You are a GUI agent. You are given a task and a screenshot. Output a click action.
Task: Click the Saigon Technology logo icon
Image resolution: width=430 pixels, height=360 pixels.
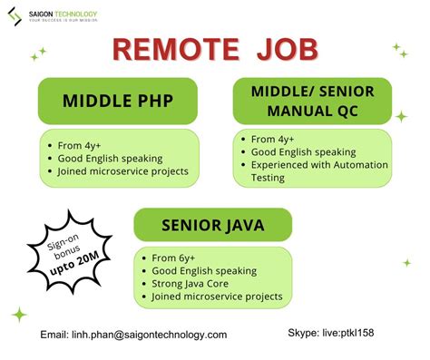[15, 16]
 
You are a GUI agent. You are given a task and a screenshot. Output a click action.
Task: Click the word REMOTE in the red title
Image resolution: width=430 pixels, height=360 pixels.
[176, 50]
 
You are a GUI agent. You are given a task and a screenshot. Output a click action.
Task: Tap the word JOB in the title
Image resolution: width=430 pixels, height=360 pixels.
[288, 50]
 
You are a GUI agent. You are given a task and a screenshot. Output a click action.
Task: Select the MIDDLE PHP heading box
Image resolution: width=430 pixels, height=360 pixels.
[118, 101]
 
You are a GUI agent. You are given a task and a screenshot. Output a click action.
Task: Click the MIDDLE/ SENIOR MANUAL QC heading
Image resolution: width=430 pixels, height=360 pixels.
[312, 101]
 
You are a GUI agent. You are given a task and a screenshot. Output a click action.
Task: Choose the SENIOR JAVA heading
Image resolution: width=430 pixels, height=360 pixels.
[213, 225]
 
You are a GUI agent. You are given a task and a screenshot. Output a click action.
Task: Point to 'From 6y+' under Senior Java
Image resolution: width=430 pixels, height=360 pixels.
[173, 258]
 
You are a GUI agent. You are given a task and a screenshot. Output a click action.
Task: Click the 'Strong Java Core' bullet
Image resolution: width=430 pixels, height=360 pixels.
[190, 284]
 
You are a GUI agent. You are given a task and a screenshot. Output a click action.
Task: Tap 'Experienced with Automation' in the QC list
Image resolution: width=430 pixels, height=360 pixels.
[319, 165]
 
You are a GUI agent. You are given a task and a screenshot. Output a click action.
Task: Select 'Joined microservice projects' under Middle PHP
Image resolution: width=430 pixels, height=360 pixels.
[122, 171]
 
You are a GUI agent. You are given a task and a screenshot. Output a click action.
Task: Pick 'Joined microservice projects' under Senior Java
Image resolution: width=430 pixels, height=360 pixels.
[217, 297]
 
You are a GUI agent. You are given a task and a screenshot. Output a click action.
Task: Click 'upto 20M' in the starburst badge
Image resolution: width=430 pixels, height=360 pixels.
[74, 263]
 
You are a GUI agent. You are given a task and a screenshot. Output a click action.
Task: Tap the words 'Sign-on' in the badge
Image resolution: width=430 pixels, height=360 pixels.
[63, 242]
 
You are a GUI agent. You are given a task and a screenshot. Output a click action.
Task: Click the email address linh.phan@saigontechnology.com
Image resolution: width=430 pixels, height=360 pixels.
[150, 335]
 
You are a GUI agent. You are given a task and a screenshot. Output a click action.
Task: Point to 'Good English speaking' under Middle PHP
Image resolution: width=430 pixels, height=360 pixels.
[110, 159]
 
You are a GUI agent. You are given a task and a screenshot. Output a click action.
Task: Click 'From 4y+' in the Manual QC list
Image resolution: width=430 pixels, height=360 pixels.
[272, 140]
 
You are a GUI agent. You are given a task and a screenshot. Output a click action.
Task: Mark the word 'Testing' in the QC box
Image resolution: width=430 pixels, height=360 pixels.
[268, 178]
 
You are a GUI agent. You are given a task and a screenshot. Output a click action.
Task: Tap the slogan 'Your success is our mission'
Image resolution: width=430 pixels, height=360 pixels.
[64, 20]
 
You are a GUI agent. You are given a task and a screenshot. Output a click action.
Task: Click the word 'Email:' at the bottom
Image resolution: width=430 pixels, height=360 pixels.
[54, 335]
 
